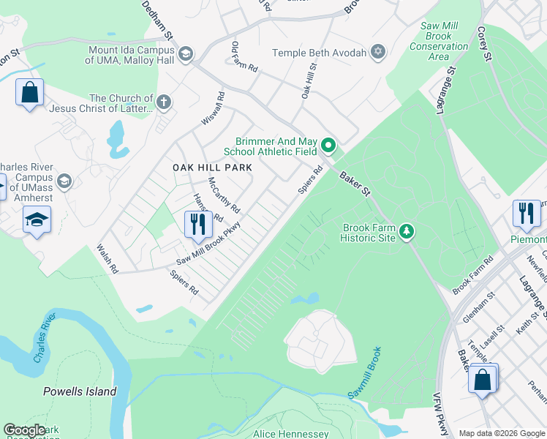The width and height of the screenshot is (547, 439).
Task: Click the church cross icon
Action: pyautogui.click(x=164, y=103)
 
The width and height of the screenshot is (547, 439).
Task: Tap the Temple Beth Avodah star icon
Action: pyautogui.click(x=377, y=52)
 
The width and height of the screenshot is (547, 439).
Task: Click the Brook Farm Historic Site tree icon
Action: pyautogui.click(x=406, y=232)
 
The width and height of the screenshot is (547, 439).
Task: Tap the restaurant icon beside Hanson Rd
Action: pyautogui.click(x=196, y=224)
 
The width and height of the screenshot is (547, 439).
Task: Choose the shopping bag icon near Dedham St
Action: pyautogui.click(x=29, y=93)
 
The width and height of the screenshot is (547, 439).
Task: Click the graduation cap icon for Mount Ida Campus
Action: pyautogui.click(x=185, y=54)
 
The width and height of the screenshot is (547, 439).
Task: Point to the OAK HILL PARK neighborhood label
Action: pyautogui.click(x=212, y=168)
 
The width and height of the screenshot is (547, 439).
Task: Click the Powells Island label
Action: pyautogui.click(x=80, y=391)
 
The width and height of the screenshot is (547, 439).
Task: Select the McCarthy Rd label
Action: pyautogui.click(x=224, y=195)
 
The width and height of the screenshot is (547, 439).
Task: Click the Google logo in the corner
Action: pyautogui.click(x=24, y=430)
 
